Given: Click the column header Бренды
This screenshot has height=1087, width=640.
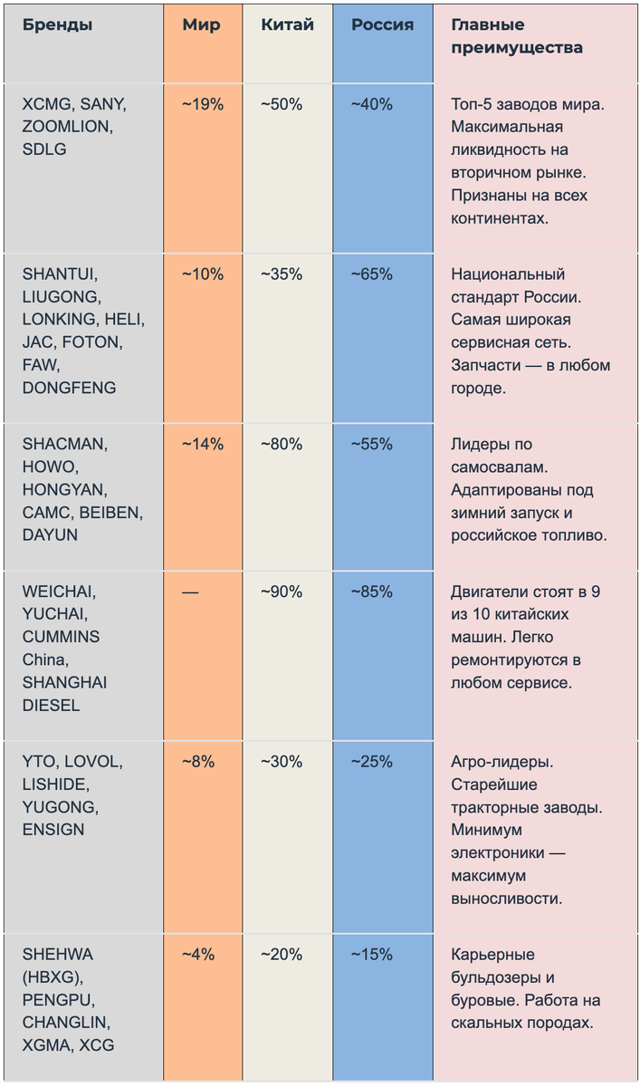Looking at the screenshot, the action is click(x=57, y=24).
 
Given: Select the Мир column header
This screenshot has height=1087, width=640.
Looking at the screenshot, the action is click(x=201, y=24).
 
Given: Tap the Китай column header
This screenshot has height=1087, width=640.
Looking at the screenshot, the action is click(x=288, y=24).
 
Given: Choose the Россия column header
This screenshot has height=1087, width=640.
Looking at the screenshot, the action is click(x=383, y=24).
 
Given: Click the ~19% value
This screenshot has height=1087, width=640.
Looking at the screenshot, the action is click(x=203, y=104).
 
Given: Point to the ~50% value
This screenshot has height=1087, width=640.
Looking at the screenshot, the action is click(x=282, y=104).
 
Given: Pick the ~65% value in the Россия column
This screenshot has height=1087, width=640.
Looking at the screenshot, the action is click(x=372, y=274).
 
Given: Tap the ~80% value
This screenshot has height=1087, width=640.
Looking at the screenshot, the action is click(x=282, y=444).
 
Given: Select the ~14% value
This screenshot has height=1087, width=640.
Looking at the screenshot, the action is click(x=203, y=444).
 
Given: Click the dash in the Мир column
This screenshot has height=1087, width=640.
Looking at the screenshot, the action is click(x=190, y=592).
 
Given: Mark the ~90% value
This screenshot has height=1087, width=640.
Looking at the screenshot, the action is click(x=282, y=592).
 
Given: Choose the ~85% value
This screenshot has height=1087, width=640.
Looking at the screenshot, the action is click(x=372, y=592).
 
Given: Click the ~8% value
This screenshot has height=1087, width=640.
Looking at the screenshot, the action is click(x=198, y=762).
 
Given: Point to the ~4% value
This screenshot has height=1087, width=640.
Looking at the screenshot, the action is click(x=198, y=955).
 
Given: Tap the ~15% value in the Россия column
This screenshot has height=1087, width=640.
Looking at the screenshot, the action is click(x=372, y=955).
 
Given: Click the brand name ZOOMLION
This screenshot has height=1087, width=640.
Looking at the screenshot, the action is click(x=67, y=127).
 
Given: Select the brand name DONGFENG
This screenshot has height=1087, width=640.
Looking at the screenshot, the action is click(x=70, y=388).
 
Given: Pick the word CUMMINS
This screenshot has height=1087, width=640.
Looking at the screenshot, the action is click(x=61, y=637).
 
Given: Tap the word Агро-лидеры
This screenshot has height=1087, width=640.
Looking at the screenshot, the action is click(x=502, y=762).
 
